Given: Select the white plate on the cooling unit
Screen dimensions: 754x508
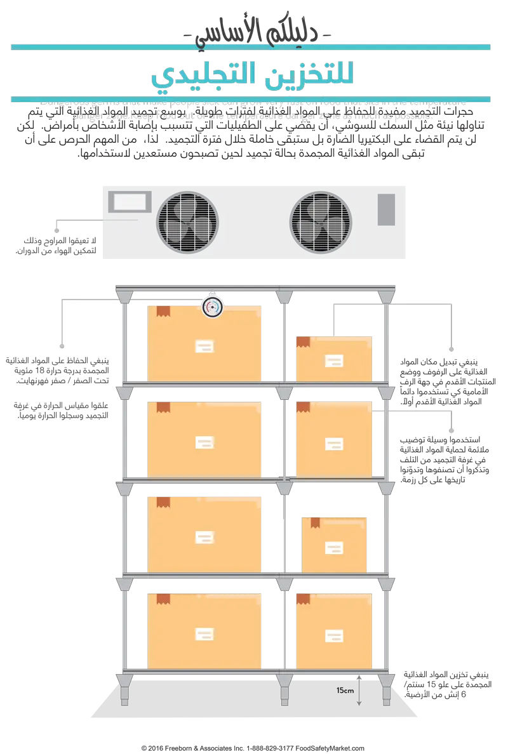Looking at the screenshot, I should (x=130, y=202).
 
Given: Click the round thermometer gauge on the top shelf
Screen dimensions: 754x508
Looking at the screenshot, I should (x=212, y=307).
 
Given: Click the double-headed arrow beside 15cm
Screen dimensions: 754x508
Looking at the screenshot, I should (x=359, y=690).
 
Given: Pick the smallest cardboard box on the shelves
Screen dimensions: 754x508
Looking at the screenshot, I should (x=334, y=544).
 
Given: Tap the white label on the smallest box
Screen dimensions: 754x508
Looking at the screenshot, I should (x=333, y=547).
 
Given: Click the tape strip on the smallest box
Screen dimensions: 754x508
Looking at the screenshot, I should (x=315, y=522).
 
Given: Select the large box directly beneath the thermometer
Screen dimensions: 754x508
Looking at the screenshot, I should (x=204, y=343).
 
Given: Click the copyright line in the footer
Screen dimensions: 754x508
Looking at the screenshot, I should (x=254, y=748).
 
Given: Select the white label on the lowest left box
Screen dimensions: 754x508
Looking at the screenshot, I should (x=204, y=633).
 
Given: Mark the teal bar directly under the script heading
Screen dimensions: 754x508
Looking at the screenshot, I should (x=251, y=47).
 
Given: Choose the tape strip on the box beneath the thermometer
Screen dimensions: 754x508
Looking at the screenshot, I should (x=163, y=311).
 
